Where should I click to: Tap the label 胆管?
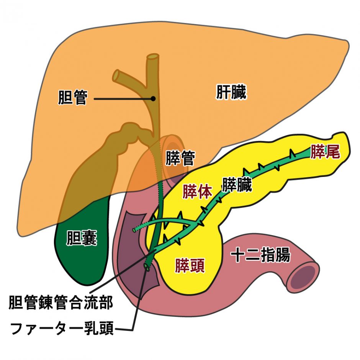(x=73, y=97)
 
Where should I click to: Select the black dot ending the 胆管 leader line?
(x=153, y=98)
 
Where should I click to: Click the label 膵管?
(x=180, y=158)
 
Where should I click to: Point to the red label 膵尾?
(x=325, y=152)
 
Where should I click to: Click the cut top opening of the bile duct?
(x=153, y=57)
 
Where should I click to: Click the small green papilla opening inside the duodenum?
(x=146, y=267)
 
